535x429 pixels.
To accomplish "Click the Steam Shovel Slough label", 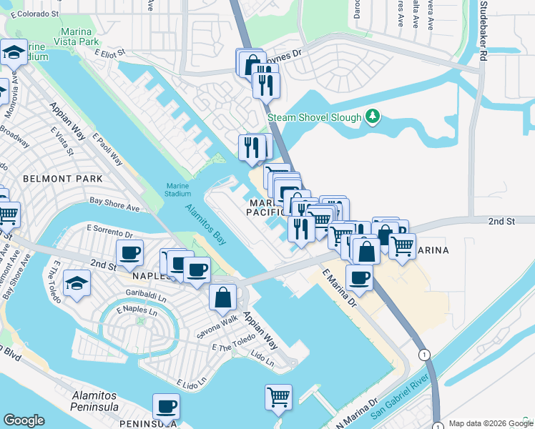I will (x=313, y=117).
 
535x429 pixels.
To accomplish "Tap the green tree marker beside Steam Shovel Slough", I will (x=371, y=116).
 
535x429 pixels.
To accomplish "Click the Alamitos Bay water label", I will (x=206, y=225).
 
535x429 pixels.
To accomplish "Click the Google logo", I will (x=24, y=420).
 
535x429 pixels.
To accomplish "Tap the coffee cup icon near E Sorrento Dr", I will (x=130, y=252).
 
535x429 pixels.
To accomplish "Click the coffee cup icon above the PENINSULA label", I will (x=166, y=406).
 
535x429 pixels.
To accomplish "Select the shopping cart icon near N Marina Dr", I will (x=278, y=395).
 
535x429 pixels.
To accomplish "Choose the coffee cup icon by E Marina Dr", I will (x=359, y=277).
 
